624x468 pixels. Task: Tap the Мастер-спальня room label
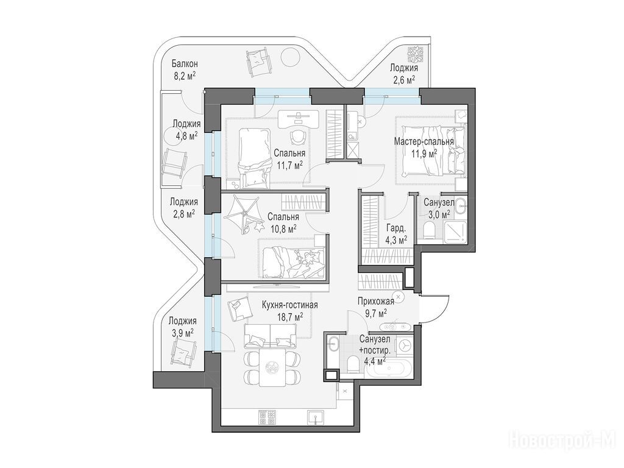click(424, 141)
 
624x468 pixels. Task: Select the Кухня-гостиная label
click(289, 305)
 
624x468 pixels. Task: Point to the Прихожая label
click(375, 301)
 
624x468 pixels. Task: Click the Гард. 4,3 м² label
click(396, 235)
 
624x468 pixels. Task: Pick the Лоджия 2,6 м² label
click(403, 74)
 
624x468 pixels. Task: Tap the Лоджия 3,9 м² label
click(182, 327)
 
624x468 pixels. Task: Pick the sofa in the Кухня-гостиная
click(270, 336)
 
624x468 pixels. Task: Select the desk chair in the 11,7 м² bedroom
click(297, 136)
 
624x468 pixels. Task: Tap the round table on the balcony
click(291, 59)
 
